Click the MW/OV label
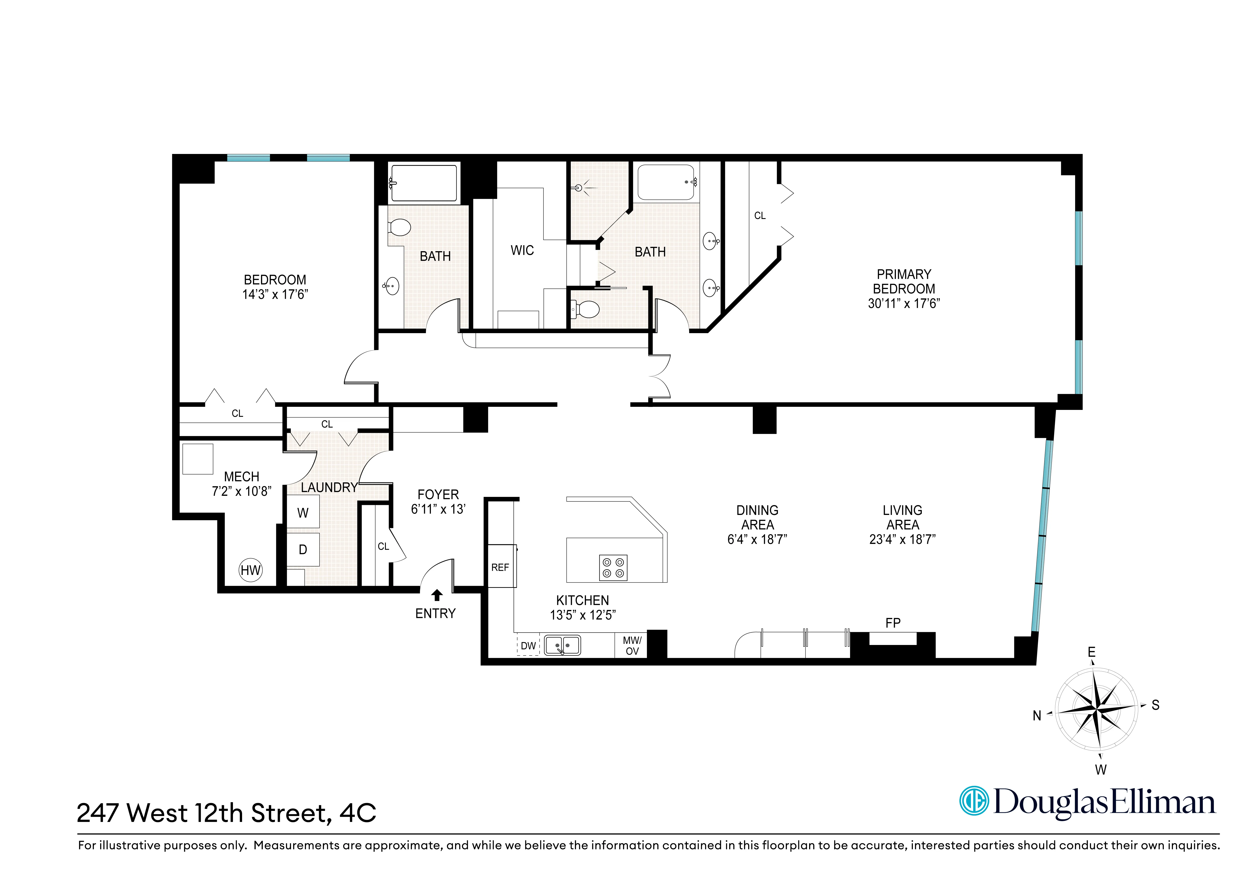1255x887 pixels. click(x=632, y=645)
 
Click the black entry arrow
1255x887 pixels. click(x=437, y=595)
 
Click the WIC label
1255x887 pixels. click(x=522, y=250)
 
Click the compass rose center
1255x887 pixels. click(x=1096, y=710)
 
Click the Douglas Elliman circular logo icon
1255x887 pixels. click(x=974, y=801)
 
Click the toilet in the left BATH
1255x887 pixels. click(x=400, y=227)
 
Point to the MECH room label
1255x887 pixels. click(x=242, y=477)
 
